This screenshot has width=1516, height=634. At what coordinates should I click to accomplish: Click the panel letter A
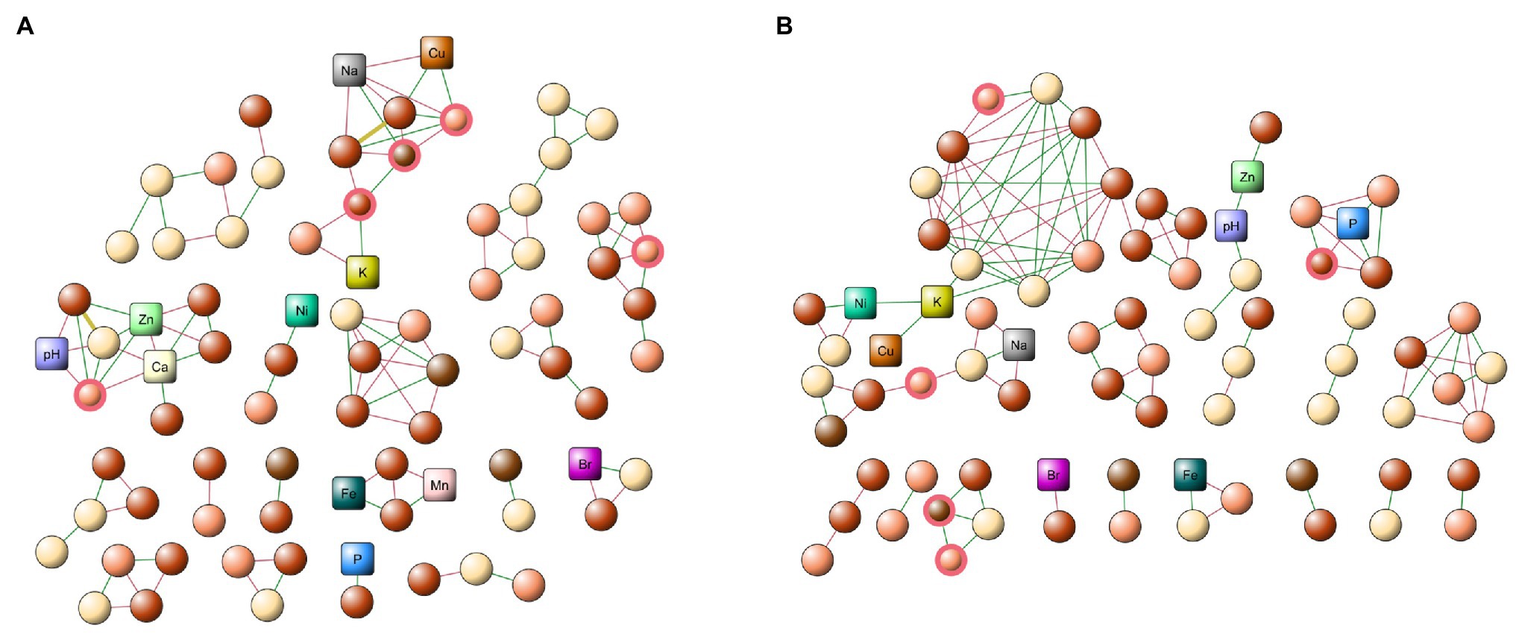click(25, 26)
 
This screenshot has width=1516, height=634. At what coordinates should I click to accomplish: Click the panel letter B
click(784, 26)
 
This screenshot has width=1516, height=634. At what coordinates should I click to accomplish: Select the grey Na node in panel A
click(349, 70)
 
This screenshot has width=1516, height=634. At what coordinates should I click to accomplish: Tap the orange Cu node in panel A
click(436, 53)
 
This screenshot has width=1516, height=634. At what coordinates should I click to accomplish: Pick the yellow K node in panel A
click(362, 272)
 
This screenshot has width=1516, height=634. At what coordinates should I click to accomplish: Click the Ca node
click(160, 366)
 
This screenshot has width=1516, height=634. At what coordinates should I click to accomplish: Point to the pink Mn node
click(439, 485)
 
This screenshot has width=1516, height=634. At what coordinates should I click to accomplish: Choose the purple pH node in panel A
click(51, 354)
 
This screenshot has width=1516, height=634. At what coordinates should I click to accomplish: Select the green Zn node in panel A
click(146, 319)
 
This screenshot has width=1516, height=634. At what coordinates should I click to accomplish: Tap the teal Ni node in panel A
click(302, 310)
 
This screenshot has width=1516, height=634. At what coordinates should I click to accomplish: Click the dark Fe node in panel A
click(348, 493)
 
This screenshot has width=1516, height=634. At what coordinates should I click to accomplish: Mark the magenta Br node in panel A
click(585, 464)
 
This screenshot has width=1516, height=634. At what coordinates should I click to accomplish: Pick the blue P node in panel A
click(357, 559)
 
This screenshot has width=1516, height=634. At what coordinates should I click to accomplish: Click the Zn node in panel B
click(1247, 177)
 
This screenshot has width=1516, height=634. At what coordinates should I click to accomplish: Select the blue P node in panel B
click(1353, 223)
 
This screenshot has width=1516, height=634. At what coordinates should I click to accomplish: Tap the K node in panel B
click(937, 302)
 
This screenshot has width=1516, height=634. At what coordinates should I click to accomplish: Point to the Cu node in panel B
click(885, 351)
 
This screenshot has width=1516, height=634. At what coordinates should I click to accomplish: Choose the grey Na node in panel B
click(1019, 345)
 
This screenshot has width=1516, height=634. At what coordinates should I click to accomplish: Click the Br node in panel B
click(1053, 474)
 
